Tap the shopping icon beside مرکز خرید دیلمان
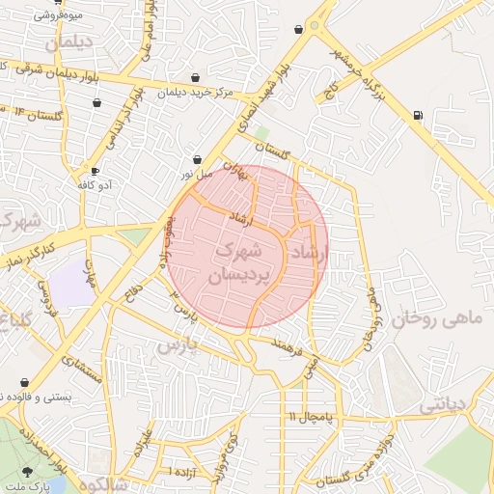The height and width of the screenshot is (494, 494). coord(196,77)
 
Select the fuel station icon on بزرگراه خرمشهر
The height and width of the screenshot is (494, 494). coord(417,116)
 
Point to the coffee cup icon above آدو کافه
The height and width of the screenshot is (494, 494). coord(95,170)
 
